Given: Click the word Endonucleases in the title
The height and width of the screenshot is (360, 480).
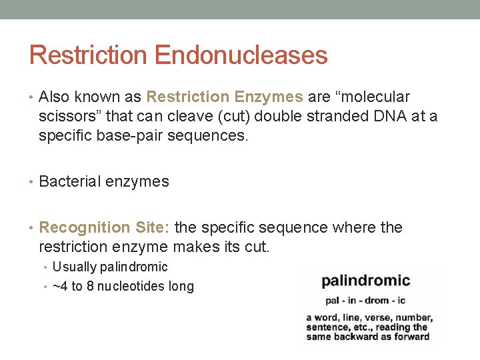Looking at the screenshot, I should coord(241,55).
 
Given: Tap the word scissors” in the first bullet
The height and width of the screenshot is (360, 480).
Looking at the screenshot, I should coord(71,117).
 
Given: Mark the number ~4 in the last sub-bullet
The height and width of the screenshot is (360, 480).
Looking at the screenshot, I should coord(60,287).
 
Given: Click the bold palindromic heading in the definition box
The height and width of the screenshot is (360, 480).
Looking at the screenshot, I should coord(366,281).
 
